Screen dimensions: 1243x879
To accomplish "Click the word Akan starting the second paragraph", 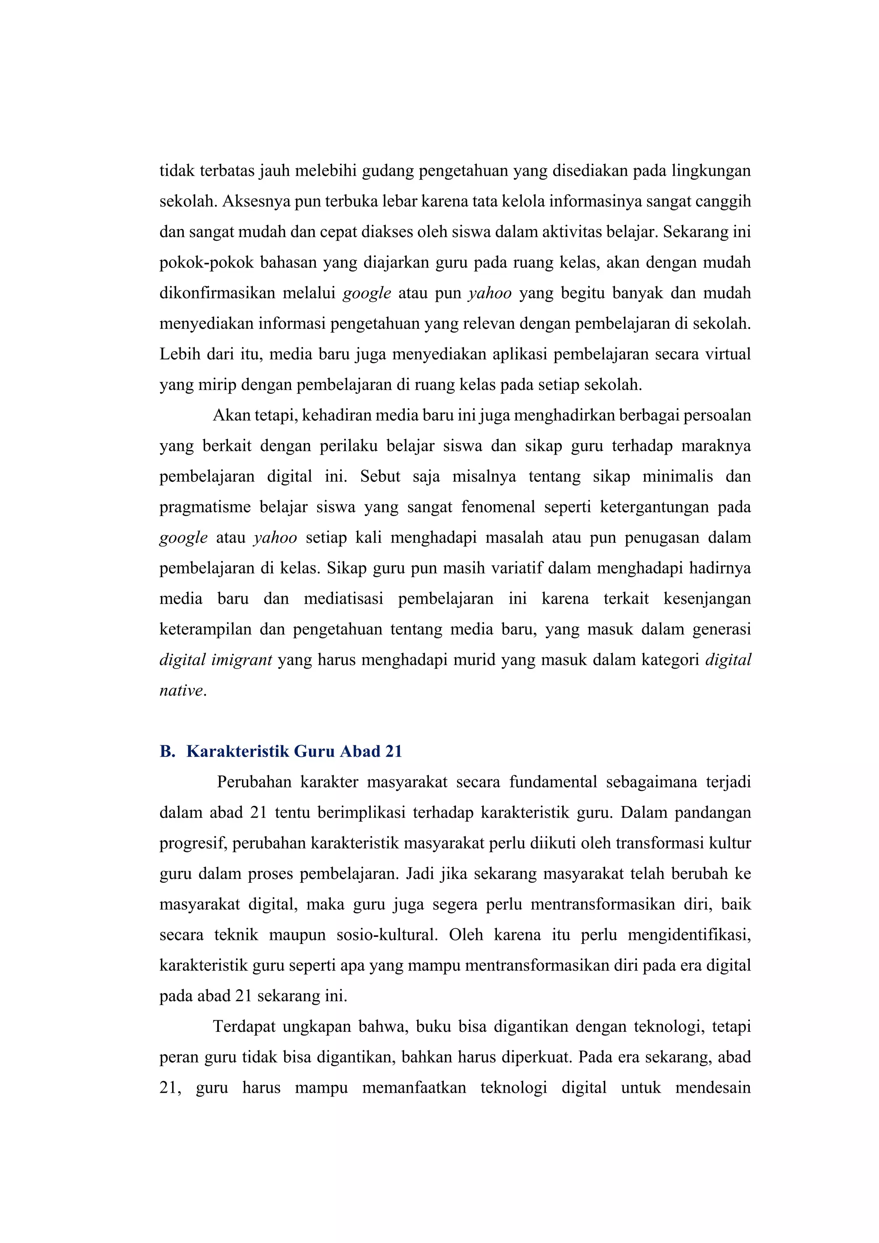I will pyautogui.click(x=228, y=415).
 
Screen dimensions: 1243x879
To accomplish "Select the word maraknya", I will pyautogui.click(x=715, y=446).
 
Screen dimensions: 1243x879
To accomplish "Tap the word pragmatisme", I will pyautogui.click(x=205, y=507).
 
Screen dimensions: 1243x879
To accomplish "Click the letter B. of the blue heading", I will pyautogui.click(x=167, y=751).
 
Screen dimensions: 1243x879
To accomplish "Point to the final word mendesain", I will pyautogui.click(x=713, y=1088).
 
